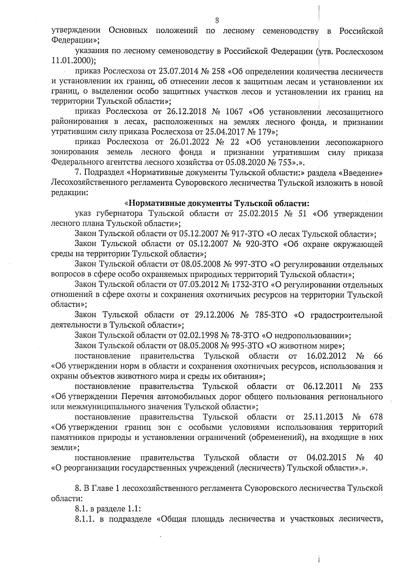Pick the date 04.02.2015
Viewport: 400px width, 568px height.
[326, 457]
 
